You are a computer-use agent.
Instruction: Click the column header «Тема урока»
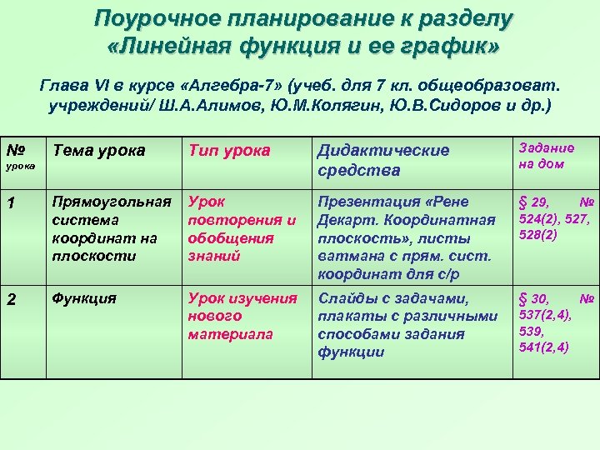(98, 151)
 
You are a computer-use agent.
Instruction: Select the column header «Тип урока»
(229, 151)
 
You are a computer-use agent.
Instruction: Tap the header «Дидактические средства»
(382, 160)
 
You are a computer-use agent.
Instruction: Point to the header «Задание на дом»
(547, 156)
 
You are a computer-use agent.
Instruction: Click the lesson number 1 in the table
(11, 202)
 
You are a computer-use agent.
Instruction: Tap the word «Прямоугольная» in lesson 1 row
(112, 202)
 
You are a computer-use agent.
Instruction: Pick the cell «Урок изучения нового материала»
(242, 316)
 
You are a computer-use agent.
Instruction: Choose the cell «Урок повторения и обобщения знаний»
(242, 229)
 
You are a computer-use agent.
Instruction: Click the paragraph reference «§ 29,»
(535, 202)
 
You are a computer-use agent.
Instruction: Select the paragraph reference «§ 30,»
(535, 299)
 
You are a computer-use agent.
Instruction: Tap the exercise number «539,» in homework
(532, 332)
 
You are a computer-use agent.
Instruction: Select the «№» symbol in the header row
(14, 150)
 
